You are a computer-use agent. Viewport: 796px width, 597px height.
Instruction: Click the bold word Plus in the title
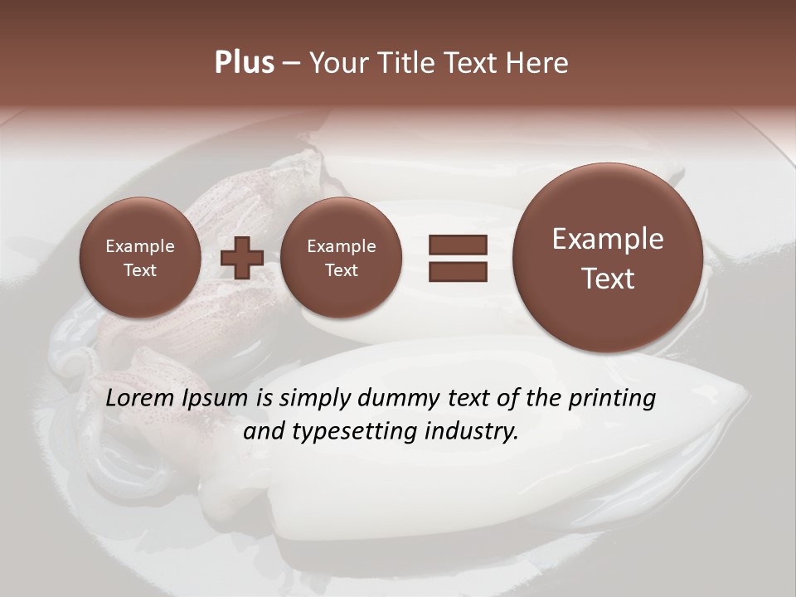click(244, 63)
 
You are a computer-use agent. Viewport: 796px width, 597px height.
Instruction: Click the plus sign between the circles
click(242, 258)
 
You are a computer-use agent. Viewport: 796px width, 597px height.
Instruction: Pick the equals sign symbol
click(457, 258)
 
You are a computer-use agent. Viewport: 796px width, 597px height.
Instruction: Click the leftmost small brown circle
click(139, 258)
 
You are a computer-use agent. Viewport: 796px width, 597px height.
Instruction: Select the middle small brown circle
click(341, 258)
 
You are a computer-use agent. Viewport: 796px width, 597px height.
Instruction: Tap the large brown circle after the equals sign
click(608, 258)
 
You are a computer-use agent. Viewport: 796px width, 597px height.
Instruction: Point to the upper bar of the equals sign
click(457, 245)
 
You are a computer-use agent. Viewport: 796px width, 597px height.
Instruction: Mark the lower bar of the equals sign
click(457, 271)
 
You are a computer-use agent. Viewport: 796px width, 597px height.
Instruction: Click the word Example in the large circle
click(608, 239)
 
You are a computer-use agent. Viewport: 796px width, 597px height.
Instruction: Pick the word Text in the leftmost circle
click(139, 270)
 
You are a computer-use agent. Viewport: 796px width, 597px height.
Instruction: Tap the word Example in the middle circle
click(341, 246)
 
